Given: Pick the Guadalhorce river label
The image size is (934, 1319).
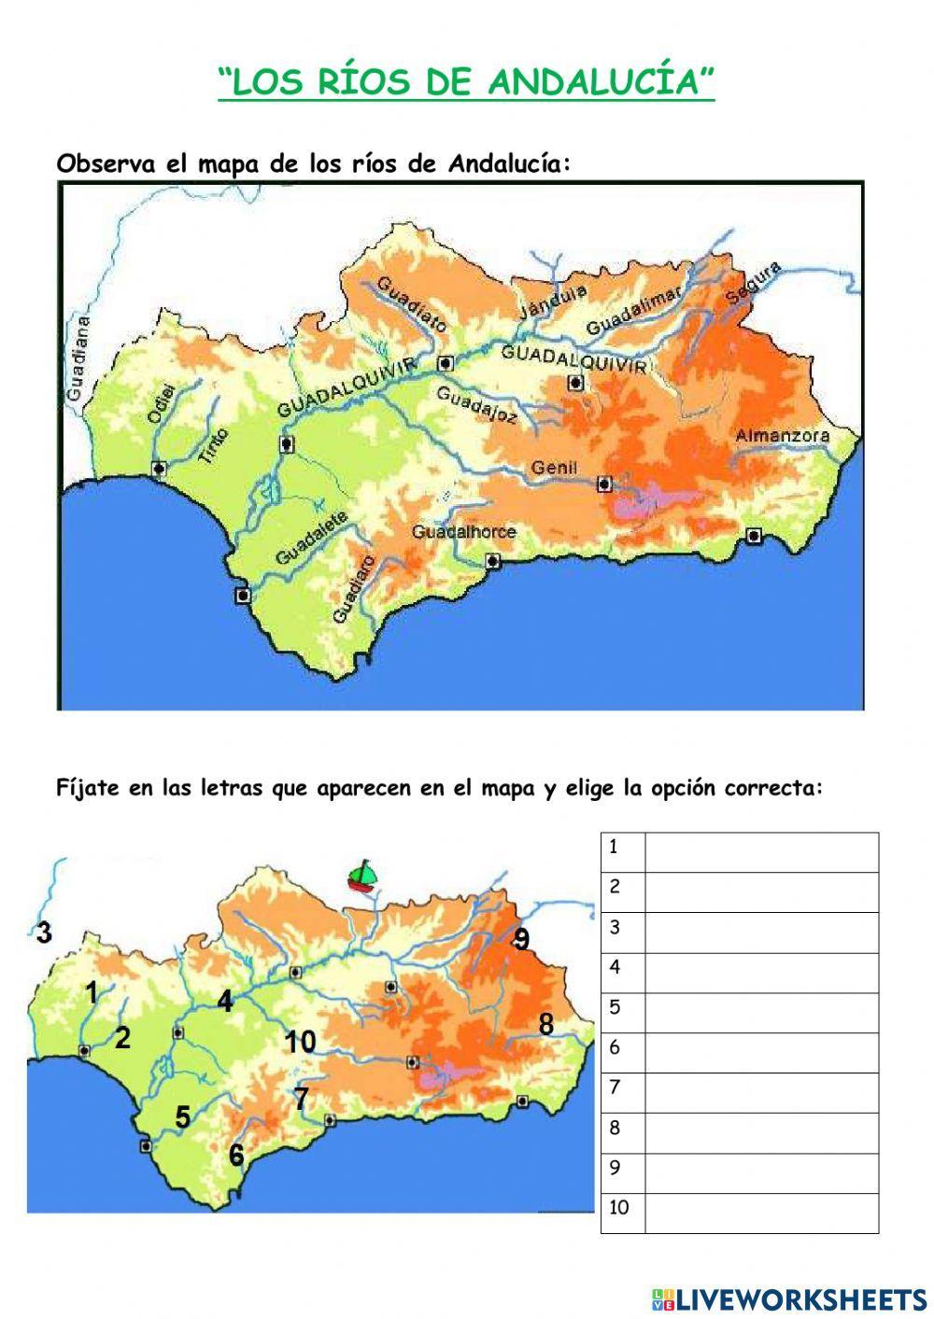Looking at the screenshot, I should click(464, 531).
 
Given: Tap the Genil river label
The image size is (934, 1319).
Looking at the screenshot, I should click(555, 468).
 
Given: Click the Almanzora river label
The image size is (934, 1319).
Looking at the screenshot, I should click(782, 436).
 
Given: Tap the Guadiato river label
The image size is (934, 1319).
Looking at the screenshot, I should click(412, 302).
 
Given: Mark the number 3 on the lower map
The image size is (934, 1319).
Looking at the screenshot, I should click(43, 932).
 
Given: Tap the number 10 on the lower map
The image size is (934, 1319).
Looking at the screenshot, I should click(300, 1041).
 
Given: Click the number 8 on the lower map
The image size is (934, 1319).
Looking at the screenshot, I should click(545, 1024).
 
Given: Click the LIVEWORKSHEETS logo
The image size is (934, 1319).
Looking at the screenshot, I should click(789, 1298).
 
